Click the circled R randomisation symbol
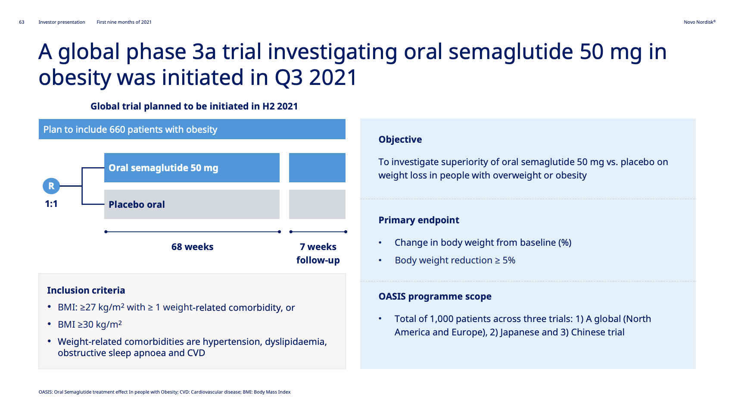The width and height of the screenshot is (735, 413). (51, 186)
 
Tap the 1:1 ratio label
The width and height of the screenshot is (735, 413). (51, 204)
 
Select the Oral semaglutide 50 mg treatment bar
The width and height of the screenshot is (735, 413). (192, 168)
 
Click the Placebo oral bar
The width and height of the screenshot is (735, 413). (192, 204)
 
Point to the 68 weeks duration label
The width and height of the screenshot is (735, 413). (192, 247)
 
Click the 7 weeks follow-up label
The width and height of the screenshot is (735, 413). (318, 253)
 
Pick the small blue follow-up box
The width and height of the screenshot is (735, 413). (317, 168)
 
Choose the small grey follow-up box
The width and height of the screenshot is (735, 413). (317, 204)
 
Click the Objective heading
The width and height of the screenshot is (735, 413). (400, 140)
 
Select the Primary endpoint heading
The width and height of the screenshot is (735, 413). (419, 220)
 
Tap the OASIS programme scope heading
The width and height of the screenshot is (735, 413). (435, 297)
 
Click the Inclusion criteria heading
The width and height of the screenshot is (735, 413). (86, 290)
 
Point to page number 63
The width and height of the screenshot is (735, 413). (22, 22)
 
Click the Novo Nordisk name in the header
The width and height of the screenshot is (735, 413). (700, 22)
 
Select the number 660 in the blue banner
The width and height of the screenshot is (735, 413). (118, 129)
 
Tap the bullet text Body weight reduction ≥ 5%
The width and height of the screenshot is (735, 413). (455, 260)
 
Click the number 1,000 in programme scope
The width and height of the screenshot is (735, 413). (441, 319)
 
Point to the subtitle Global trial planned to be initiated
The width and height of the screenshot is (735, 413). (194, 106)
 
